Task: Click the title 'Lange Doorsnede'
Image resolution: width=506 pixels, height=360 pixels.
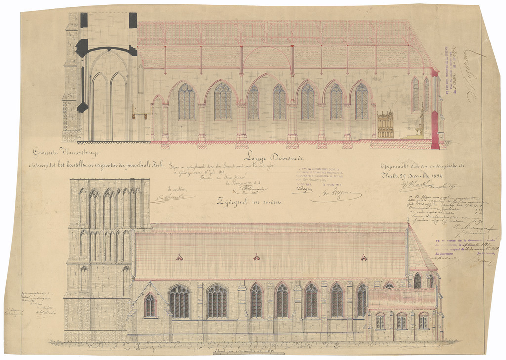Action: (x=275, y=158)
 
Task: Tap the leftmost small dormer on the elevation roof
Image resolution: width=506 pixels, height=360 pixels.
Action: (x=179, y=257)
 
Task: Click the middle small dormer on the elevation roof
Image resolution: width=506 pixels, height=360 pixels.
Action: (x=256, y=257)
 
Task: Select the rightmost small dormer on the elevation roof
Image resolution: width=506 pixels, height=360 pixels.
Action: (x=364, y=257)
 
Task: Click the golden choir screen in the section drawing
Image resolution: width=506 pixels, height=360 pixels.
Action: (x=385, y=125)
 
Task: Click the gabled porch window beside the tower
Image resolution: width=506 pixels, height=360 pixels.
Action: (x=149, y=305)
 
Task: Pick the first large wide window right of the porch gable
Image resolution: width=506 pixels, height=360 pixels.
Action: (x=179, y=302)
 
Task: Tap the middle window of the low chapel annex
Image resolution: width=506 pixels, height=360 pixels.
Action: (x=402, y=321)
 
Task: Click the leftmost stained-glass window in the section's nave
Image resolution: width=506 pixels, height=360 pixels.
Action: (x=187, y=102)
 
